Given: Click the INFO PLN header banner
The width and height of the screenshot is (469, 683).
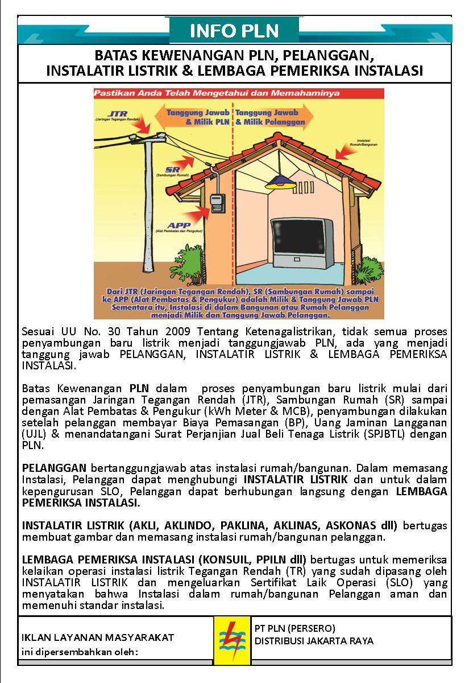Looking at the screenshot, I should click(x=234, y=31).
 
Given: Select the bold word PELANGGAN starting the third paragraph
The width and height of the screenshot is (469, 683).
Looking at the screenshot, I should click(x=54, y=468).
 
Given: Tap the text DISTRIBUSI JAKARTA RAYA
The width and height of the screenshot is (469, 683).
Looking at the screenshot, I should click(x=314, y=641).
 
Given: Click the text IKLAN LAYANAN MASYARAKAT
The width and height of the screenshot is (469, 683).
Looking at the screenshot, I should click(x=98, y=637).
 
